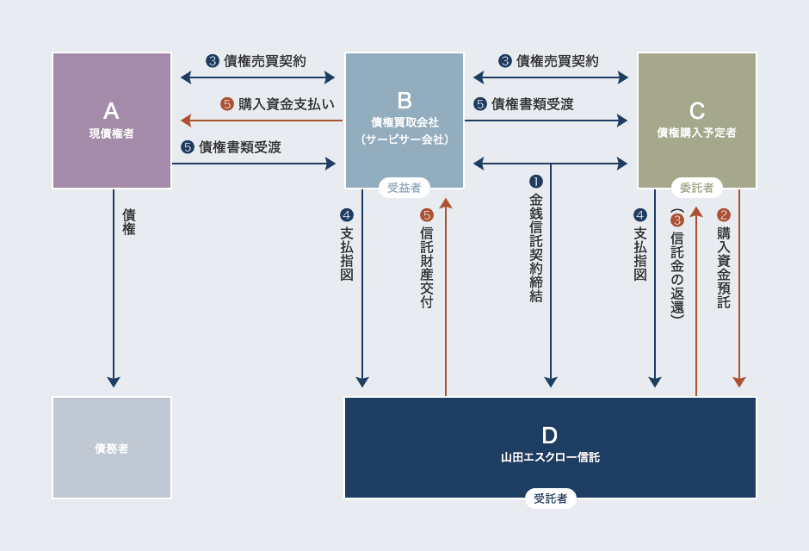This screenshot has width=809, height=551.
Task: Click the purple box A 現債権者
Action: (111, 121)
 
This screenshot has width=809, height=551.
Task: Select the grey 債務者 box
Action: (111, 448)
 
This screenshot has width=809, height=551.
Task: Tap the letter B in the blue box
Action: (404, 101)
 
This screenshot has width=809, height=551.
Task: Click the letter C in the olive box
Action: (697, 111)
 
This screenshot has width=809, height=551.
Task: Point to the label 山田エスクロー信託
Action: (550, 457)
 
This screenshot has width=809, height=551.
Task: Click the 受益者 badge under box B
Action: (404, 188)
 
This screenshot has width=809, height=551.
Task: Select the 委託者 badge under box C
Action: (696, 188)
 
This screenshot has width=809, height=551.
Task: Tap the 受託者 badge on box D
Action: (550, 498)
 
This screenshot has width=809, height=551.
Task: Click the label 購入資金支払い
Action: (287, 104)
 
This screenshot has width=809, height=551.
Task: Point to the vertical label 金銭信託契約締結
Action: (536, 248)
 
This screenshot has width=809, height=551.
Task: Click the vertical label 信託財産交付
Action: (427, 267)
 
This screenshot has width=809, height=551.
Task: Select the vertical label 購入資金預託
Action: (724, 267)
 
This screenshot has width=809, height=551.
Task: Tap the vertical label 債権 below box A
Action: (129, 222)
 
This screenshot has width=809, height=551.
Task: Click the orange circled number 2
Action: (724, 215)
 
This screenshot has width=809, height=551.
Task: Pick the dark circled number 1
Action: (536, 182)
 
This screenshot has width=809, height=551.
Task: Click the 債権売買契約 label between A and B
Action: (265, 61)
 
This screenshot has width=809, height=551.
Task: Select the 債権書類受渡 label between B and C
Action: (533, 104)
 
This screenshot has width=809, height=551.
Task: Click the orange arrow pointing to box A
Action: (262, 121)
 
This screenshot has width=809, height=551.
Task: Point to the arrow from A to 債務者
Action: (114, 288)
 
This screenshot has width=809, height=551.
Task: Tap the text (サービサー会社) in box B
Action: (404, 139)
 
